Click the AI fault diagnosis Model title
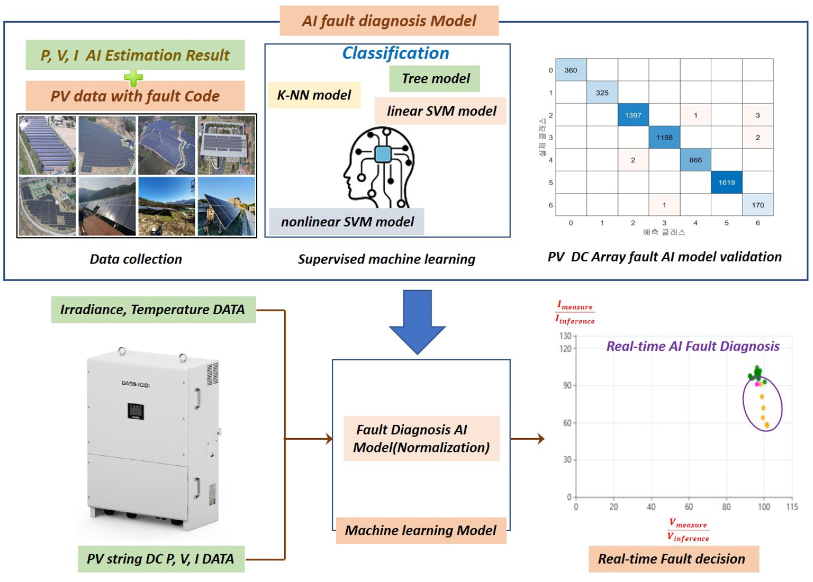click(x=389, y=21)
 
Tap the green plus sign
click(x=133, y=77)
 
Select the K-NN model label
click(x=314, y=95)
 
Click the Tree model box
click(x=435, y=78)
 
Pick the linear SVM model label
click(x=441, y=111)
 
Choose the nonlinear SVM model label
click(x=347, y=222)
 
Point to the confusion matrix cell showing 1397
click(x=633, y=115)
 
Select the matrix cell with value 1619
click(x=726, y=182)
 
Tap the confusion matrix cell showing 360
click(x=571, y=70)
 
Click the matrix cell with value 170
click(x=757, y=205)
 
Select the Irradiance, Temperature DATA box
click(x=153, y=310)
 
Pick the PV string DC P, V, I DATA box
click(x=161, y=559)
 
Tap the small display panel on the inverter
click(x=136, y=411)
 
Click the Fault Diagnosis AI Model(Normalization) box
click(x=422, y=439)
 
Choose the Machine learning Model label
click(x=421, y=530)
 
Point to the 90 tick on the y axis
click(x=567, y=385)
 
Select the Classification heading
click(x=395, y=53)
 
